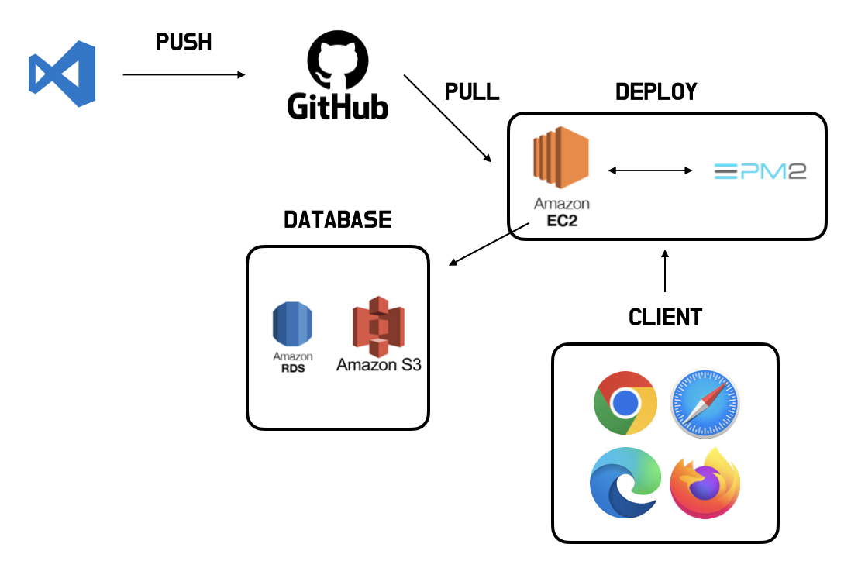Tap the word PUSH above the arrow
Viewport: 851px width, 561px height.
184,43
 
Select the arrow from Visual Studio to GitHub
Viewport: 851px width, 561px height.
184,74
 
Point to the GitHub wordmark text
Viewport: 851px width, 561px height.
338,106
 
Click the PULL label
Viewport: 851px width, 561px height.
471,91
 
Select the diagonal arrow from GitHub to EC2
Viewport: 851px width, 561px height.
447,118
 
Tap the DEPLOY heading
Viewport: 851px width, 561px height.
656,91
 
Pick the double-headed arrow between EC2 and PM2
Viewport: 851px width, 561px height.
649,170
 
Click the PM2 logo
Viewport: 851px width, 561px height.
760,170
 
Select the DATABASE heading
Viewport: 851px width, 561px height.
338,219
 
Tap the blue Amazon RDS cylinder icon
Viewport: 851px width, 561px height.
292,325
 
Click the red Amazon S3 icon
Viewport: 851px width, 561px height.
378,325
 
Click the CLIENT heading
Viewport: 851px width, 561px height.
665,317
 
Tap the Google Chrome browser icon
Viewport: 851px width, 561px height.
625,402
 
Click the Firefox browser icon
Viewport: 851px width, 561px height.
705,483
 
